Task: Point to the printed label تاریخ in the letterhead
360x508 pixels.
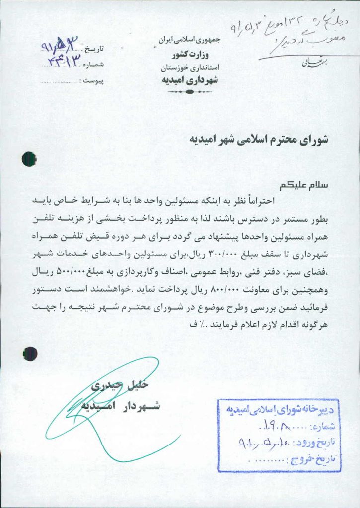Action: pos(98,50)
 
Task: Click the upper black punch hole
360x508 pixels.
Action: pos(29,159)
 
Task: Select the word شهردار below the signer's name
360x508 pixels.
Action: pos(141,407)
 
